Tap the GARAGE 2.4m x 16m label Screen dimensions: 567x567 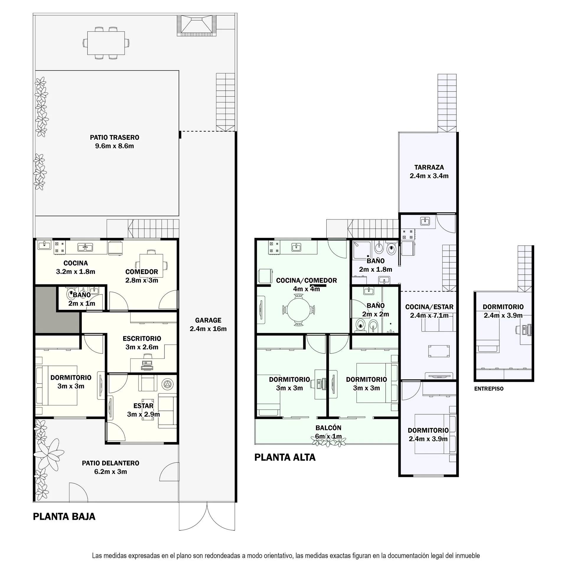click(x=208, y=325)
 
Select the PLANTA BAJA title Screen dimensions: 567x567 click(x=64, y=517)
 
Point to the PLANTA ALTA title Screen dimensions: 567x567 click(x=285, y=457)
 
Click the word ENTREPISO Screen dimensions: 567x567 click(x=489, y=389)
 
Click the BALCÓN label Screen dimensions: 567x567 click(x=328, y=428)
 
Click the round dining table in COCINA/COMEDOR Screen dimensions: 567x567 click(x=299, y=310)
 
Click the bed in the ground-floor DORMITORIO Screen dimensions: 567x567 click(x=57, y=386)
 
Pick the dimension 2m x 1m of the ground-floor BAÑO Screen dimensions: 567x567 click(x=82, y=303)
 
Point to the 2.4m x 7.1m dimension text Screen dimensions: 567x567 click(x=429, y=315)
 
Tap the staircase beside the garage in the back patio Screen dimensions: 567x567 click(x=226, y=102)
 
